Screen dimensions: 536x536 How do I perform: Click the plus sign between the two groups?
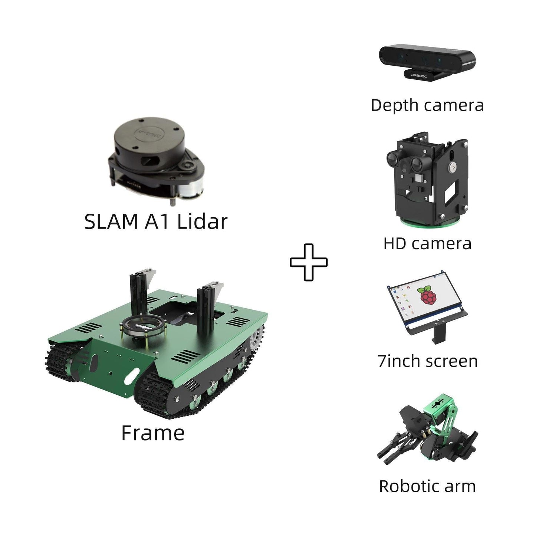point(309,262)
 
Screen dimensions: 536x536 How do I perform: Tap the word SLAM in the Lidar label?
point(111,222)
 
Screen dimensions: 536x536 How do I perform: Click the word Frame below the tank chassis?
point(153,433)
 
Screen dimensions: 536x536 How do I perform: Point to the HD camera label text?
point(427,243)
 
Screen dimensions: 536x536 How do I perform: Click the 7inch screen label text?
point(428,361)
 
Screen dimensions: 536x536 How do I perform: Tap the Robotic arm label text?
point(427,486)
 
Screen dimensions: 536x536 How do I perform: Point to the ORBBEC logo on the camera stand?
point(419,75)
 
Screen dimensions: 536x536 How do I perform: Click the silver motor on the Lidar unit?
point(190,192)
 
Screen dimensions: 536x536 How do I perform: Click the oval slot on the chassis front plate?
point(131,376)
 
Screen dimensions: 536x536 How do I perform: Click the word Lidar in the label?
point(202,222)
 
